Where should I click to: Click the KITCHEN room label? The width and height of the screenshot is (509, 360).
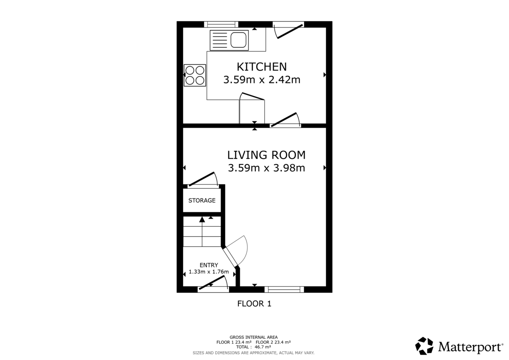click(x=262, y=67)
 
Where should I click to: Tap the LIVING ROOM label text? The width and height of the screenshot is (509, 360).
click(x=266, y=155)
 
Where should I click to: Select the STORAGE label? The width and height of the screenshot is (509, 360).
click(x=202, y=200)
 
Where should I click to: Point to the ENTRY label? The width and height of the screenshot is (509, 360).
click(x=209, y=265)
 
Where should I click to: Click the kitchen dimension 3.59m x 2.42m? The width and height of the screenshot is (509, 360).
click(x=262, y=80)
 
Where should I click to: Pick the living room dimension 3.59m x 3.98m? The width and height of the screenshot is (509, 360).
click(x=266, y=168)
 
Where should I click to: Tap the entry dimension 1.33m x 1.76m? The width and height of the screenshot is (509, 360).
click(x=209, y=272)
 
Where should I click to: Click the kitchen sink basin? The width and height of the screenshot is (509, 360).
click(x=238, y=40)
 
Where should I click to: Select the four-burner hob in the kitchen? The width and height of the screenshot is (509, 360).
click(x=195, y=75)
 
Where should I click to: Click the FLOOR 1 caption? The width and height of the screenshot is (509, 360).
click(x=254, y=304)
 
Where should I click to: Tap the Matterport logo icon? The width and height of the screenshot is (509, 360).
click(x=424, y=346)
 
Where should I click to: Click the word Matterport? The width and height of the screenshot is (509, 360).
click(x=470, y=347)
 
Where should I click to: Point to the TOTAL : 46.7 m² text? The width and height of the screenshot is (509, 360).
click(x=254, y=347)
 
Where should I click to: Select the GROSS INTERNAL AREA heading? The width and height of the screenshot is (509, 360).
click(x=254, y=337)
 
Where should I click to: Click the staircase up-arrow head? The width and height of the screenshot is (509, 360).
click(x=202, y=219)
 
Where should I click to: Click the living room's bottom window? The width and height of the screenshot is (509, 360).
click(x=284, y=289)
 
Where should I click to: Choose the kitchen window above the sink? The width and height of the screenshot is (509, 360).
click(x=221, y=24)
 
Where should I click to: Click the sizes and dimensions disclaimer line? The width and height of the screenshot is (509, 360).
click(x=254, y=353)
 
